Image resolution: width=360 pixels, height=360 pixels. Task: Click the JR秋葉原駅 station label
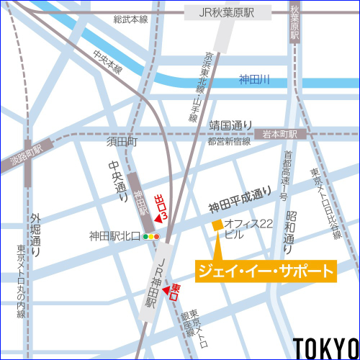click(x=227, y=13)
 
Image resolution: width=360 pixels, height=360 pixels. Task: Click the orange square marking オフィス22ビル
click(x=217, y=226)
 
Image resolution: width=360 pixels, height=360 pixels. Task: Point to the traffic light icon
click(x=150, y=235)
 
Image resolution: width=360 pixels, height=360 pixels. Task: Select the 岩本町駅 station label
click(x=281, y=134)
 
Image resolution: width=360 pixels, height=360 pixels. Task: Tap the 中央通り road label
click(x=114, y=180)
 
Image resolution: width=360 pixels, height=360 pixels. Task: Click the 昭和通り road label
click(x=290, y=228)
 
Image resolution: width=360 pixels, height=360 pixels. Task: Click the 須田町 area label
click(x=122, y=143)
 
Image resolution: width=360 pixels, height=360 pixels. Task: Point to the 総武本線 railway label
click(x=130, y=19)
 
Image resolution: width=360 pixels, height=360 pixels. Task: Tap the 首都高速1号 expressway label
click(x=285, y=176)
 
